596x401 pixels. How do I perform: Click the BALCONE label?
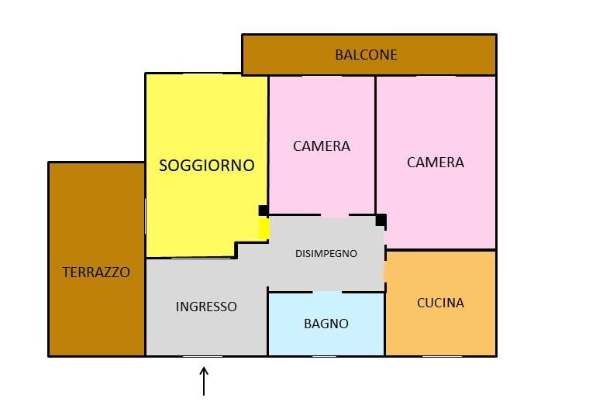pos(366,55)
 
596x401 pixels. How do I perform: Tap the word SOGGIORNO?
pos(206,166)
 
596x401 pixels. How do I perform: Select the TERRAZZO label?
pos(96,272)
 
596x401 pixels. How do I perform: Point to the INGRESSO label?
pos(206,307)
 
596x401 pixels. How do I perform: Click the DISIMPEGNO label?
pos(326,253)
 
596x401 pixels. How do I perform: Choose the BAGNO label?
pos(326,324)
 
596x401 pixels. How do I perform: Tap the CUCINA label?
pos(440,303)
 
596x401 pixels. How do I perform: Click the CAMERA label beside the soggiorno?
pos(322,146)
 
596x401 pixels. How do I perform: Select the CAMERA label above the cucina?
pos(436,163)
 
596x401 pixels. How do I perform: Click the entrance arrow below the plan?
pos(204,381)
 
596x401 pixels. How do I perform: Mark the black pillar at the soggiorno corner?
pos(263,211)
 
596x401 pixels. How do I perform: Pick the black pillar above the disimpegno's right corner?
pos(381,221)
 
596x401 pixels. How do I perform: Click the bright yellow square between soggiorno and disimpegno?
pos(264,228)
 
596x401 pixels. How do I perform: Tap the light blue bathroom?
pos(326,324)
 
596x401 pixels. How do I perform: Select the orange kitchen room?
pos(441,303)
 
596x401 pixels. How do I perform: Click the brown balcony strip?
pos(369,55)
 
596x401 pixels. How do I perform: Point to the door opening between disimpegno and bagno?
pos(327,292)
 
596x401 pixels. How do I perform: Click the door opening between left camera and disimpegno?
pos(335,215)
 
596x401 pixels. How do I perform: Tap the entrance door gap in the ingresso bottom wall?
pos(202,356)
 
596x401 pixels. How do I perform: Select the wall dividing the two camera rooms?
pos(376,145)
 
